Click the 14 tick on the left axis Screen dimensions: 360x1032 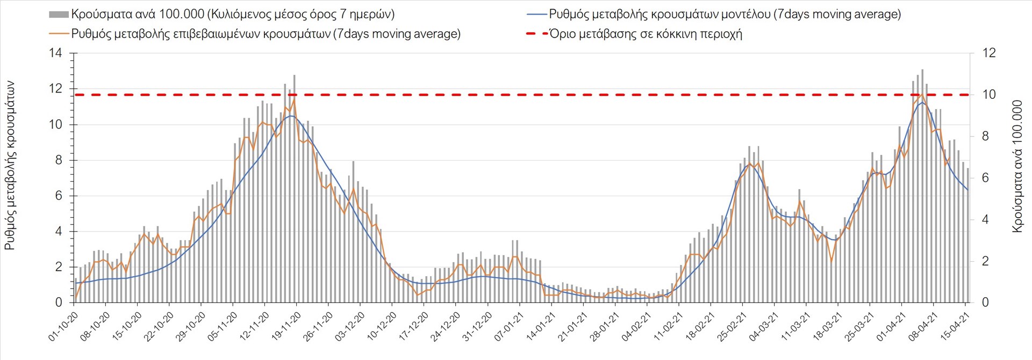(56, 53)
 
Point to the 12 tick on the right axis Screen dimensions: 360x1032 (988, 53)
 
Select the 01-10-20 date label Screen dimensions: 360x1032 (63, 327)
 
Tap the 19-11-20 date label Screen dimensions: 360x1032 (286, 327)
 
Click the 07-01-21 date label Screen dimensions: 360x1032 (509, 327)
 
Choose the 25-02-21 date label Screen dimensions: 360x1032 (732, 327)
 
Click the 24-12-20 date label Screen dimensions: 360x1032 (445, 327)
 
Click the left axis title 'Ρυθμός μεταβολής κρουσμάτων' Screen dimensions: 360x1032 (10, 165)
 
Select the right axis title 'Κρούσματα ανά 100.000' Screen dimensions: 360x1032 (1017, 165)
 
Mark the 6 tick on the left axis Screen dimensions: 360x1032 (59, 196)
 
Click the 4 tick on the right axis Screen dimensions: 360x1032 (985, 220)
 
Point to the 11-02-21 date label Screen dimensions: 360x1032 (668, 327)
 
